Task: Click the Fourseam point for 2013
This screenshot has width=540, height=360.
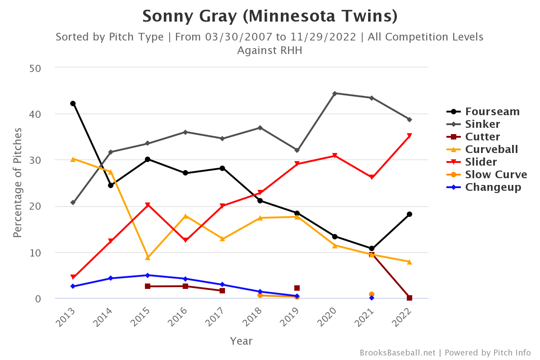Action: click(x=73, y=103)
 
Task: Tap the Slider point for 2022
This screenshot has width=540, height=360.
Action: click(x=409, y=136)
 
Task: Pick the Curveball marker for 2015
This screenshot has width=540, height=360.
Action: click(x=148, y=257)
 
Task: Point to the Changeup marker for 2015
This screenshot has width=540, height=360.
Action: click(x=148, y=275)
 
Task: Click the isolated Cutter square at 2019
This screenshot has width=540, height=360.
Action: click(x=297, y=288)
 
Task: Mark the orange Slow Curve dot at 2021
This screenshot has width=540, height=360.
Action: click(x=372, y=294)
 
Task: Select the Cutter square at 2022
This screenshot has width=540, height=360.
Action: click(x=409, y=298)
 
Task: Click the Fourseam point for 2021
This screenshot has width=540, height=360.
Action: click(x=372, y=248)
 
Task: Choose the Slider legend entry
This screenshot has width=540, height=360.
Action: click(x=481, y=162)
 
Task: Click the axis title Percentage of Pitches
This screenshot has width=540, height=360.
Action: click(x=18, y=183)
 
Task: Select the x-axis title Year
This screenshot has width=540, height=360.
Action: click(x=241, y=341)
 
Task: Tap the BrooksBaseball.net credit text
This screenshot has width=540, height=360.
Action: click(x=397, y=352)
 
